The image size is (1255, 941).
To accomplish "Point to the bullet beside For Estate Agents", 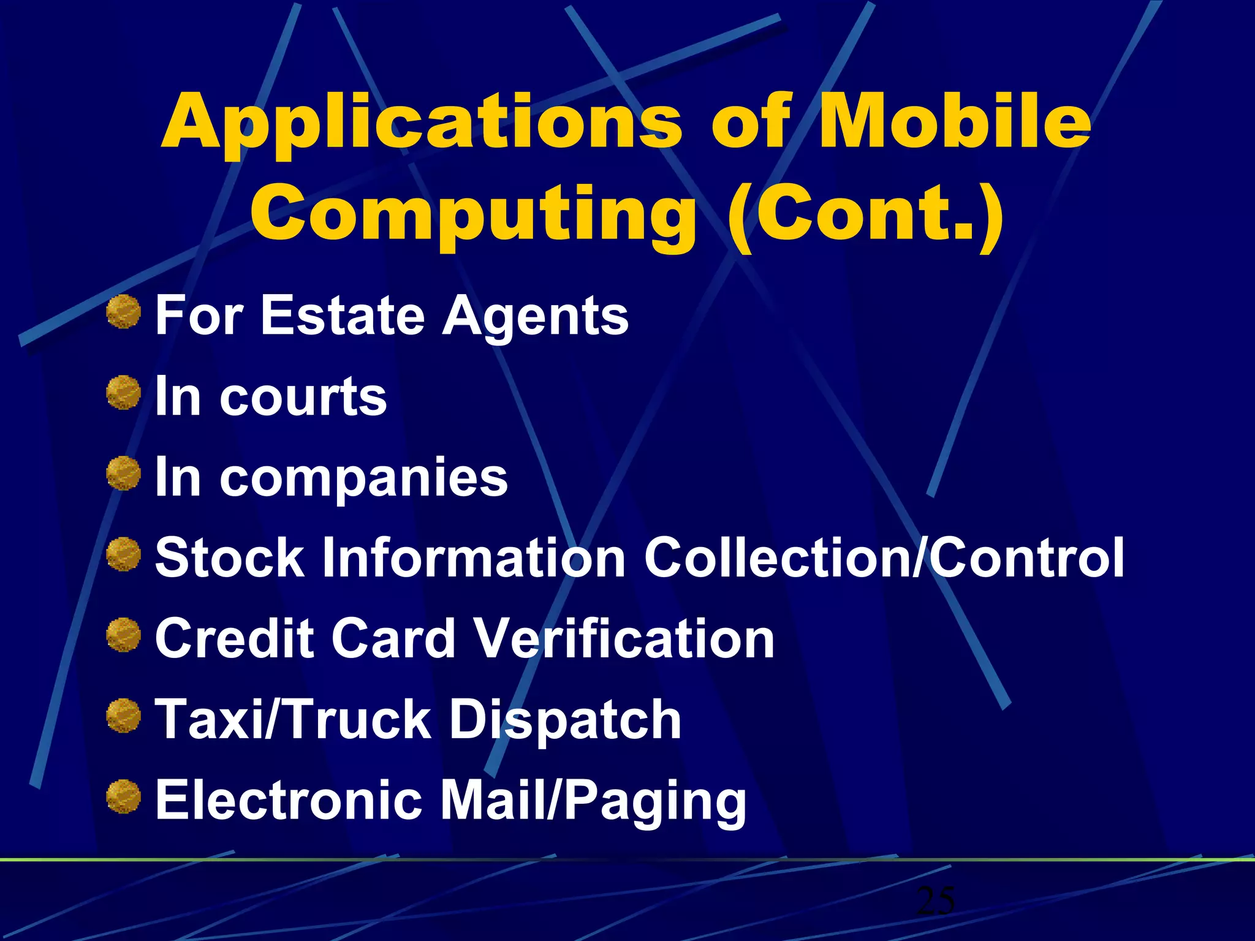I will point(124,311).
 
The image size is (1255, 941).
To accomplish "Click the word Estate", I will point(343,316).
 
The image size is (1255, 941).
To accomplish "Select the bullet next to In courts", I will point(124,393).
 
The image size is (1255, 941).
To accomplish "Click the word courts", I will point(303,397).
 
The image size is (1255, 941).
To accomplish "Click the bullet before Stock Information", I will point(124,554).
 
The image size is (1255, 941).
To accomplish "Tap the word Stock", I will point(230,557).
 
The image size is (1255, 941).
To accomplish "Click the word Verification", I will point(625,638).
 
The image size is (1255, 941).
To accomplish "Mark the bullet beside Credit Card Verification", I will point(124,635).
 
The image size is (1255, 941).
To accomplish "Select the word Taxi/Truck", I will point(294,719).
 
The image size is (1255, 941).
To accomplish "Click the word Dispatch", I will point(565,720).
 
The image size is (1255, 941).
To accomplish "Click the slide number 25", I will point(936,901).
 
